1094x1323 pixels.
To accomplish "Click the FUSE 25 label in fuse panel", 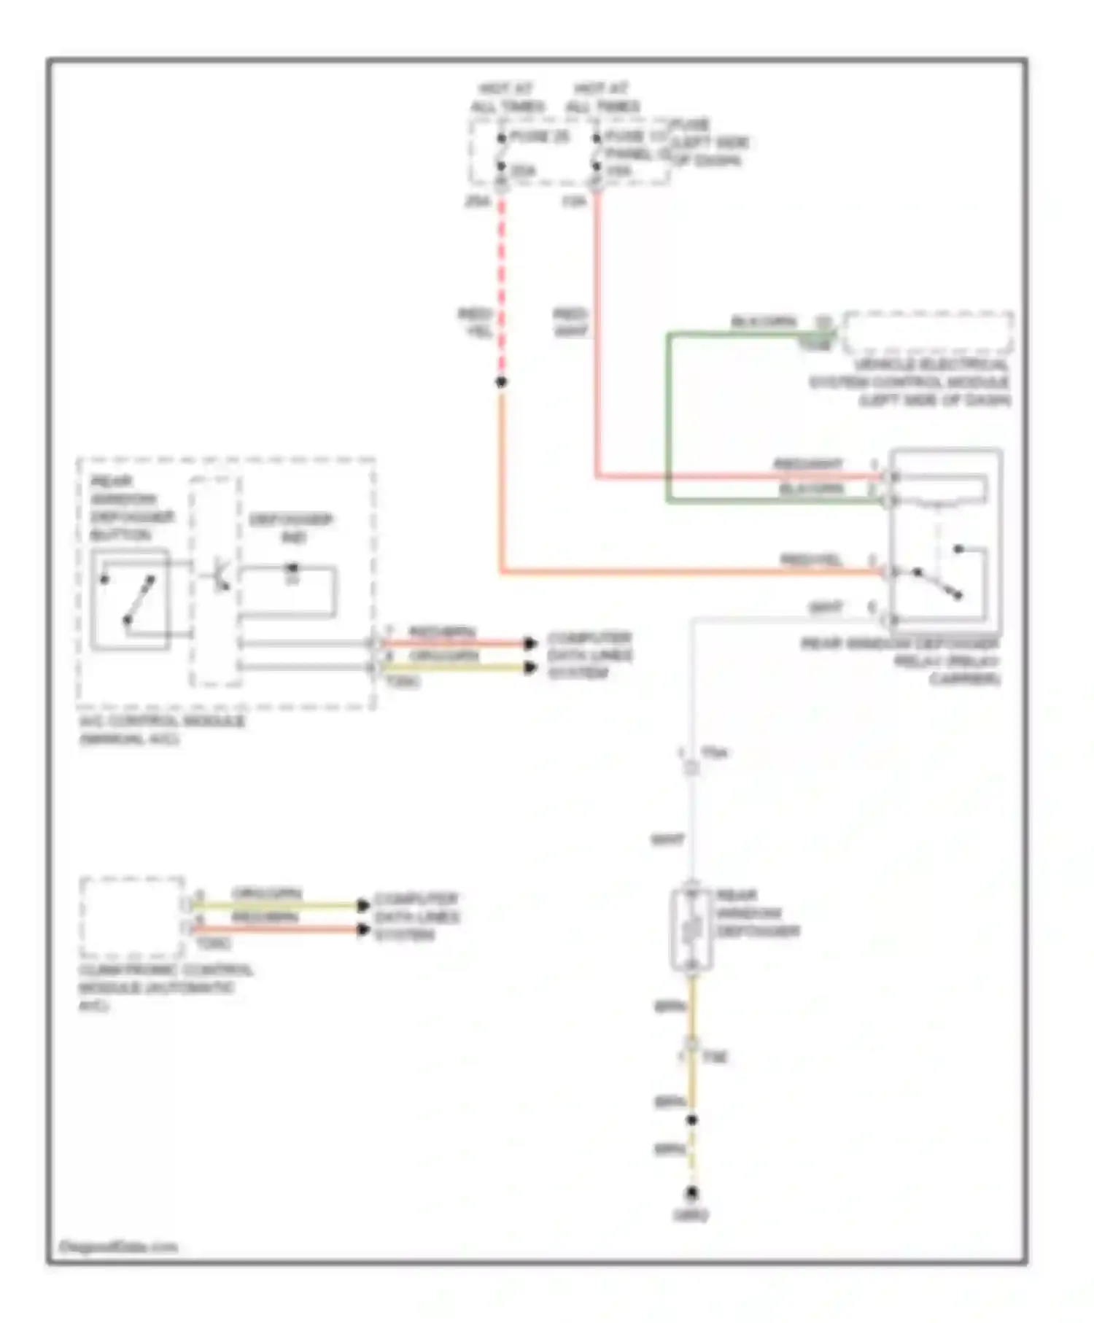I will point(539,136).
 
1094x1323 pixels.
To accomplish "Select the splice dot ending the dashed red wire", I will point(501,381).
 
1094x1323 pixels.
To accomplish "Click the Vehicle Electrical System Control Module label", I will point(910,381).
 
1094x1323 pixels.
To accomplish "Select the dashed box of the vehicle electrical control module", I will point(928,332).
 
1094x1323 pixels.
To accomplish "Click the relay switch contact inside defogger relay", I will point(939,583).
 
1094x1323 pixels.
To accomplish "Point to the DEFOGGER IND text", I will point(291,527).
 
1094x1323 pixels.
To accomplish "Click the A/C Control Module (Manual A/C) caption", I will point(162,729).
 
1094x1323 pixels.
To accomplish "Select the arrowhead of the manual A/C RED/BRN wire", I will point(531,643).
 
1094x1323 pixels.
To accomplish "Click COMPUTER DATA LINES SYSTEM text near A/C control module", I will point(589,655).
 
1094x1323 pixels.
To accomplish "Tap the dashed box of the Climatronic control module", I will point(132,917).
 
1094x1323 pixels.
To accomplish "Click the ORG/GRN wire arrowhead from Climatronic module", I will point(362,905).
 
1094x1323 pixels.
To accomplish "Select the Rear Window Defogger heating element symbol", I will point(691,930).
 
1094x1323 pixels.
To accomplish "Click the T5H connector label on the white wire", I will point(713,752).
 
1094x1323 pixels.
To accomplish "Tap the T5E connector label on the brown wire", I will point(714,1057).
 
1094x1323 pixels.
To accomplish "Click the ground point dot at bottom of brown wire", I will point(691,1193).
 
